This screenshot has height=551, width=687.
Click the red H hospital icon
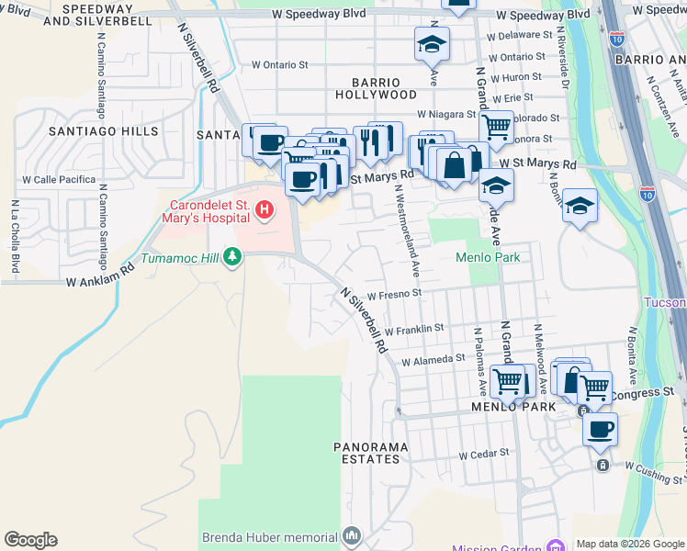(265, 211)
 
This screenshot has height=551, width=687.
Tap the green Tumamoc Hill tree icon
(232, 257)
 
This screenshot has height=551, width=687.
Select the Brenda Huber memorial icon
(352, 535)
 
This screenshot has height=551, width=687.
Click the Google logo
(30, 540)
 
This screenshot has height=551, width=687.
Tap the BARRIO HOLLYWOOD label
(376, 87)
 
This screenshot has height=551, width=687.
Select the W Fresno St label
(394, 295)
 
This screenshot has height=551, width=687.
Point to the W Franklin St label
(414, 328)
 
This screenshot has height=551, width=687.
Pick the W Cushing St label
(655, 467)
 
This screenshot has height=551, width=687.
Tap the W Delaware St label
(517, 37)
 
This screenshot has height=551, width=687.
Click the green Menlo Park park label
(488, 257)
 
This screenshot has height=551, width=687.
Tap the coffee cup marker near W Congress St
(600, 429)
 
